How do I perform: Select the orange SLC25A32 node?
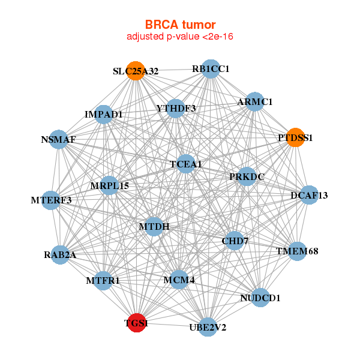pyautogui.click(x=136, y=71)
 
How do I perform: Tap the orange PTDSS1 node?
pyautogui.click(x=295, y=137)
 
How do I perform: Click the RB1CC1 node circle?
pyautogui.click(x=210, y=69)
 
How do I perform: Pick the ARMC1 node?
pyautogui.click(x=255, y=101)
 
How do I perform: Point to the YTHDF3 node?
pyautogui.click(x=175, y=109)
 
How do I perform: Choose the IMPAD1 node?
pyautogui.click(x=104, y=114)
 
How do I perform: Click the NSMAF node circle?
pyautogui.click(x=58, y=140)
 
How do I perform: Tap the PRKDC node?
pyautogui.click(x=246, y=176)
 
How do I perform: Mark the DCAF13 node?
pyautogui.click(x=308, y=195)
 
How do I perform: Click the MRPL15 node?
pyautogui.click(x=109, y=185)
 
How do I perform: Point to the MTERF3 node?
pyautogui.click(x=51, y=200)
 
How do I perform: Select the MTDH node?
pyautogui.click(x=154, y=226)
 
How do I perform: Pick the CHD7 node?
pyautogui.click(x=235, y=241)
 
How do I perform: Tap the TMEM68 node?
pyautogui.click(x=296, y=251)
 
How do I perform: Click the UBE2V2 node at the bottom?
pyautogui.click(x=208, y=327)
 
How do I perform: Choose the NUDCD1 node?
pyautogui.click(x=260, y=297)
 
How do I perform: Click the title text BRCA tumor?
pyautogui.click(x=180, y=25)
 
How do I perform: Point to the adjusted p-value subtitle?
pyautogui.click(x=180, y=37)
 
